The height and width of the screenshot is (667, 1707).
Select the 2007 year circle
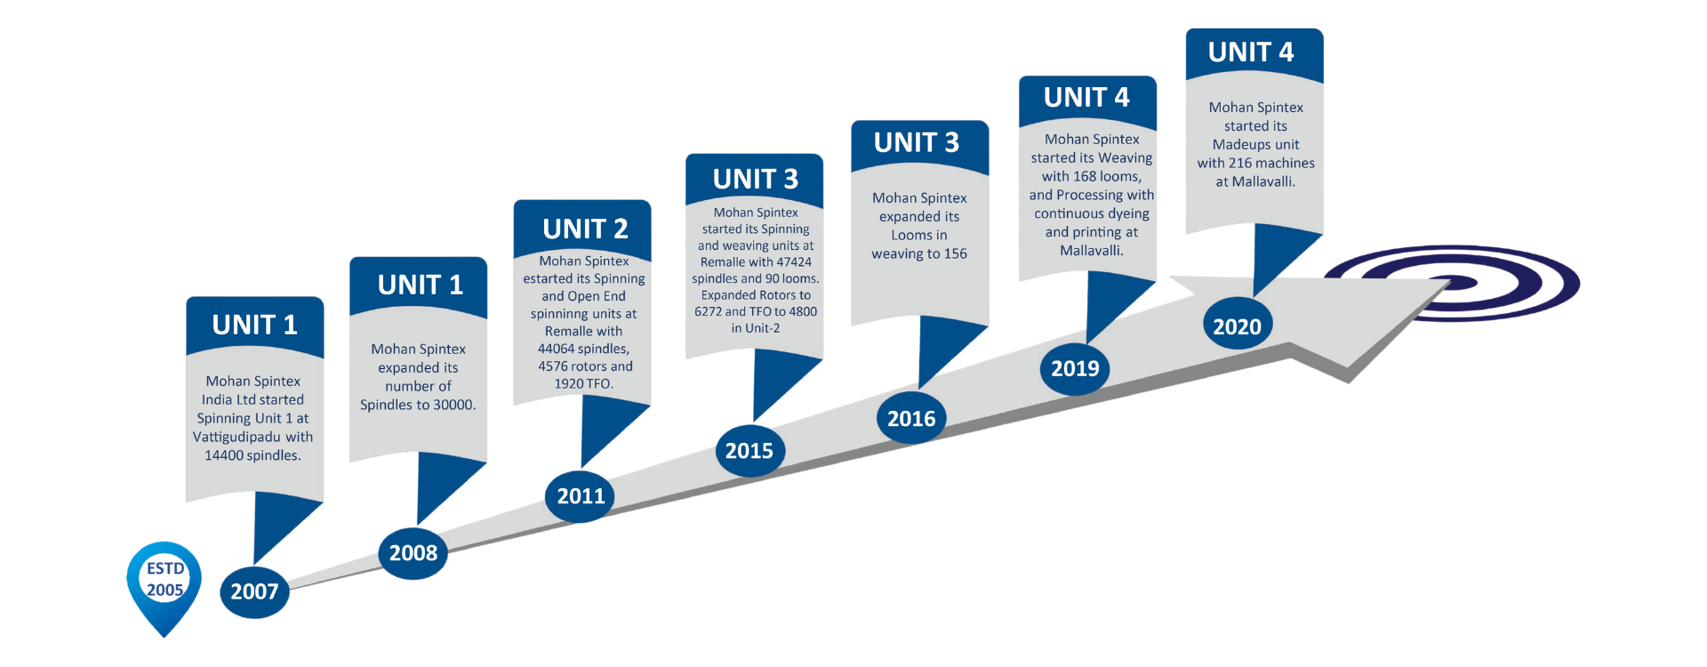coord(254,591)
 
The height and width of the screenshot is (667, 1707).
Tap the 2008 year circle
coord(413,553)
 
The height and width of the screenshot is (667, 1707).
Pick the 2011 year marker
coord(581,496)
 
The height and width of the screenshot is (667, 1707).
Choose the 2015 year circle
coord(749,451)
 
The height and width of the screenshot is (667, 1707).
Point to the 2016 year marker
coord(911,419)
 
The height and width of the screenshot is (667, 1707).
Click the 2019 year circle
coord(1075,368)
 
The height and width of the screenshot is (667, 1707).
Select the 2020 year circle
coord(1237,326)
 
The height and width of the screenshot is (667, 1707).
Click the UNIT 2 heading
coord(585,229)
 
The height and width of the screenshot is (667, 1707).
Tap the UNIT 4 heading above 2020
coord(1251,52)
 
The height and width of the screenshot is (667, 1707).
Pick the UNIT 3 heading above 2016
coord(917,143)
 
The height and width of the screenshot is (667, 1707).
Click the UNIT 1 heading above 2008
coord(420,285)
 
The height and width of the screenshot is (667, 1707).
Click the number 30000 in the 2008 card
coord(454,405)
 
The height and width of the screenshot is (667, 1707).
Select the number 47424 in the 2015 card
coord(793,262)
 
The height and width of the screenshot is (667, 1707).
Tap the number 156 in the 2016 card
coord(955,253)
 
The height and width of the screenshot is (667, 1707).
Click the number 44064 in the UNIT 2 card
coord(558,349)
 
